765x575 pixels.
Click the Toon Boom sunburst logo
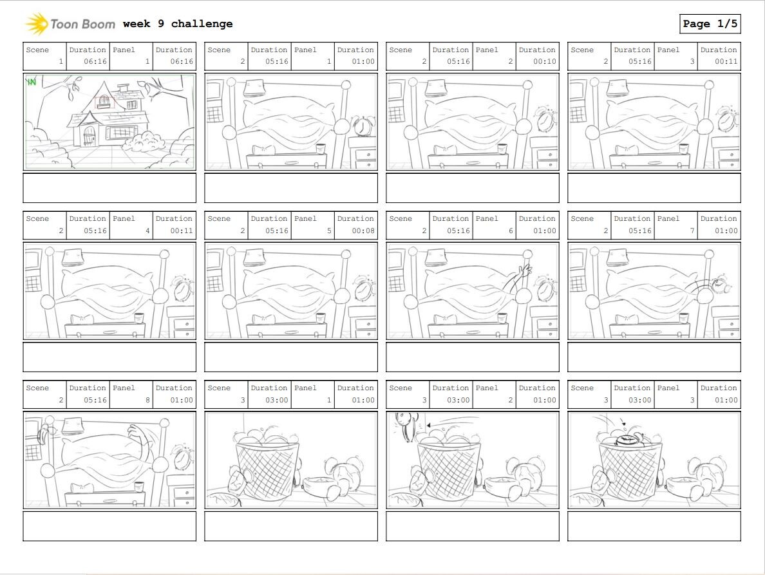(x=36, y=24)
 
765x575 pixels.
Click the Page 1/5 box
(x=710, y=24)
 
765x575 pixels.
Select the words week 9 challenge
(x=178, y=24)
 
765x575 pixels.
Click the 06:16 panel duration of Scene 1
(x=182, y=62)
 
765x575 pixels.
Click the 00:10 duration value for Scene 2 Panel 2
(x=545, y=62)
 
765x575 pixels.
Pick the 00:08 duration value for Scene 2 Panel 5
(x=363, y=231)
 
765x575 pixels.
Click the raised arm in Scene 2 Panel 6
(x=519, y=278)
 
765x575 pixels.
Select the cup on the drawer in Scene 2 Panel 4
(x=139, y=317)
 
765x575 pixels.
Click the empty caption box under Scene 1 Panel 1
(x=109, y=187)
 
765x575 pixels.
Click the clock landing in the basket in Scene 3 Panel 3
(x=627, y=440)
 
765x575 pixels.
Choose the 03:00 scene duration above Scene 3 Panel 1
(x=277, y=400)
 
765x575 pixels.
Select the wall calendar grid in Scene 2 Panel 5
(x=214, y=283)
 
